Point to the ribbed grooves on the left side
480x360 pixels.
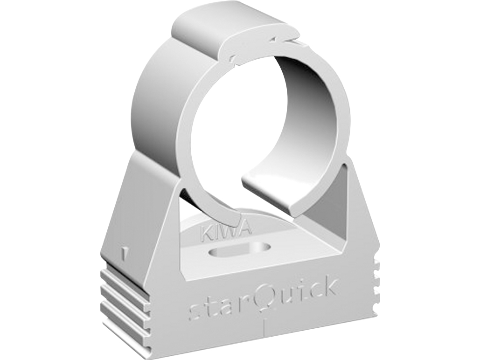[x=125, y=298]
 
